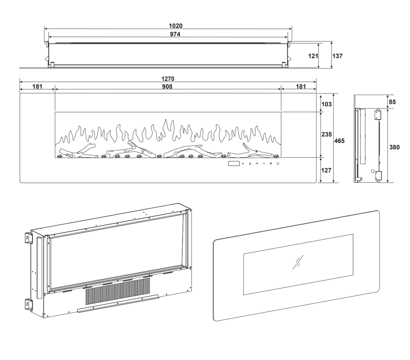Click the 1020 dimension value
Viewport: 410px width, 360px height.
coord(176,26)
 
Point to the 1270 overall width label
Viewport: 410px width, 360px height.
coord(168,79)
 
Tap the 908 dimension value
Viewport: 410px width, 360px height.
coord(167,87)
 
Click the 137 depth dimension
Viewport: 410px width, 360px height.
coord(337,56)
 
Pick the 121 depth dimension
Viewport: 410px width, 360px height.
coord(313,56)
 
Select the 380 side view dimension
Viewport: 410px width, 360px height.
coord(395,147)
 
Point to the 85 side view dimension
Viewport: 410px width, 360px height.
coord(392,102)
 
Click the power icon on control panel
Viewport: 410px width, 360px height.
coord(278,164)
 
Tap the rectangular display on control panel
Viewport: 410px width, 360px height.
coord(233,164)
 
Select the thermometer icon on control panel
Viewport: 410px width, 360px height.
coord(250,164)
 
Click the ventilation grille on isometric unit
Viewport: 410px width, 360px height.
coord(117,291)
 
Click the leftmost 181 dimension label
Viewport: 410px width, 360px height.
coord(37,87)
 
